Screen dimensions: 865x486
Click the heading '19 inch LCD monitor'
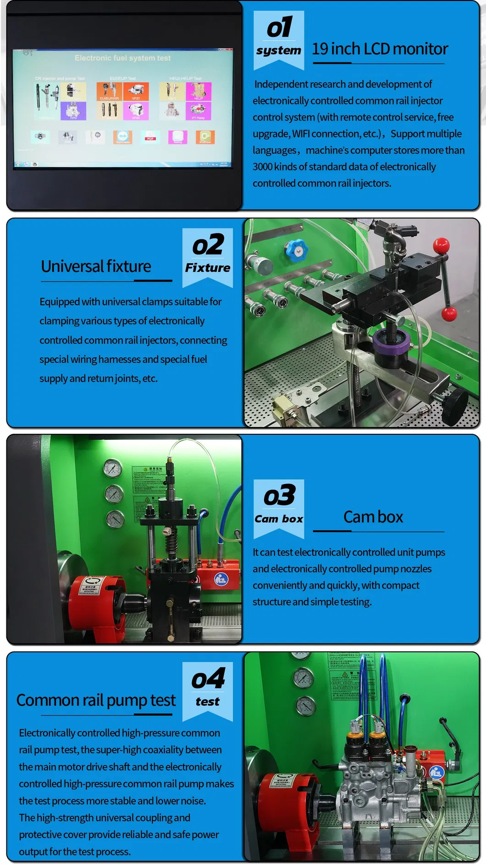pos(380,49)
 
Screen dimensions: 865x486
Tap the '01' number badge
pos(279,27)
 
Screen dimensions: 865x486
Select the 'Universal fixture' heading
pos(96,266)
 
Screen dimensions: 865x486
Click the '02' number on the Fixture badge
pos(208,245)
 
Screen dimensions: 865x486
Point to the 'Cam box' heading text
pos(373,517)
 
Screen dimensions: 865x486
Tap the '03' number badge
pos(279,496)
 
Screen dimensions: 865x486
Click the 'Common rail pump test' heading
pos(96,701)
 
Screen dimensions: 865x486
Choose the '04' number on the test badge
pos(208,679)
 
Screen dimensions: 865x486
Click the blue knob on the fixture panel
pos(296,250)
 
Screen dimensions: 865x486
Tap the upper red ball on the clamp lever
pos(442,245)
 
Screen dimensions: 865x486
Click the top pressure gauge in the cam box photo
pos(112,468)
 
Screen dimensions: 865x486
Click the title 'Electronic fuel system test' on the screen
pos(122,58)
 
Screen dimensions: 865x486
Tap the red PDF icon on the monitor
pos(150,137)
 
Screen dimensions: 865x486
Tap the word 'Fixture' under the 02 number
pos(207,268)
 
